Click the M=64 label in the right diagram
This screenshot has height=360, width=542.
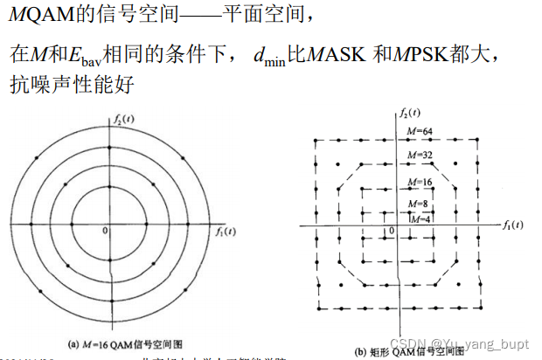(420, 131)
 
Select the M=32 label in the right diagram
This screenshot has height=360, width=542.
(420, 156)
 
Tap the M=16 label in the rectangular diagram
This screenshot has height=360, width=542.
(420, 182)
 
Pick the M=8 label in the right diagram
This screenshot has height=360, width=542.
(419, 203)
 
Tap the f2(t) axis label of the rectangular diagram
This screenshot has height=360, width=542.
(408, 114)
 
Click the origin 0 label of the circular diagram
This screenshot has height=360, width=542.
(105, 231)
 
